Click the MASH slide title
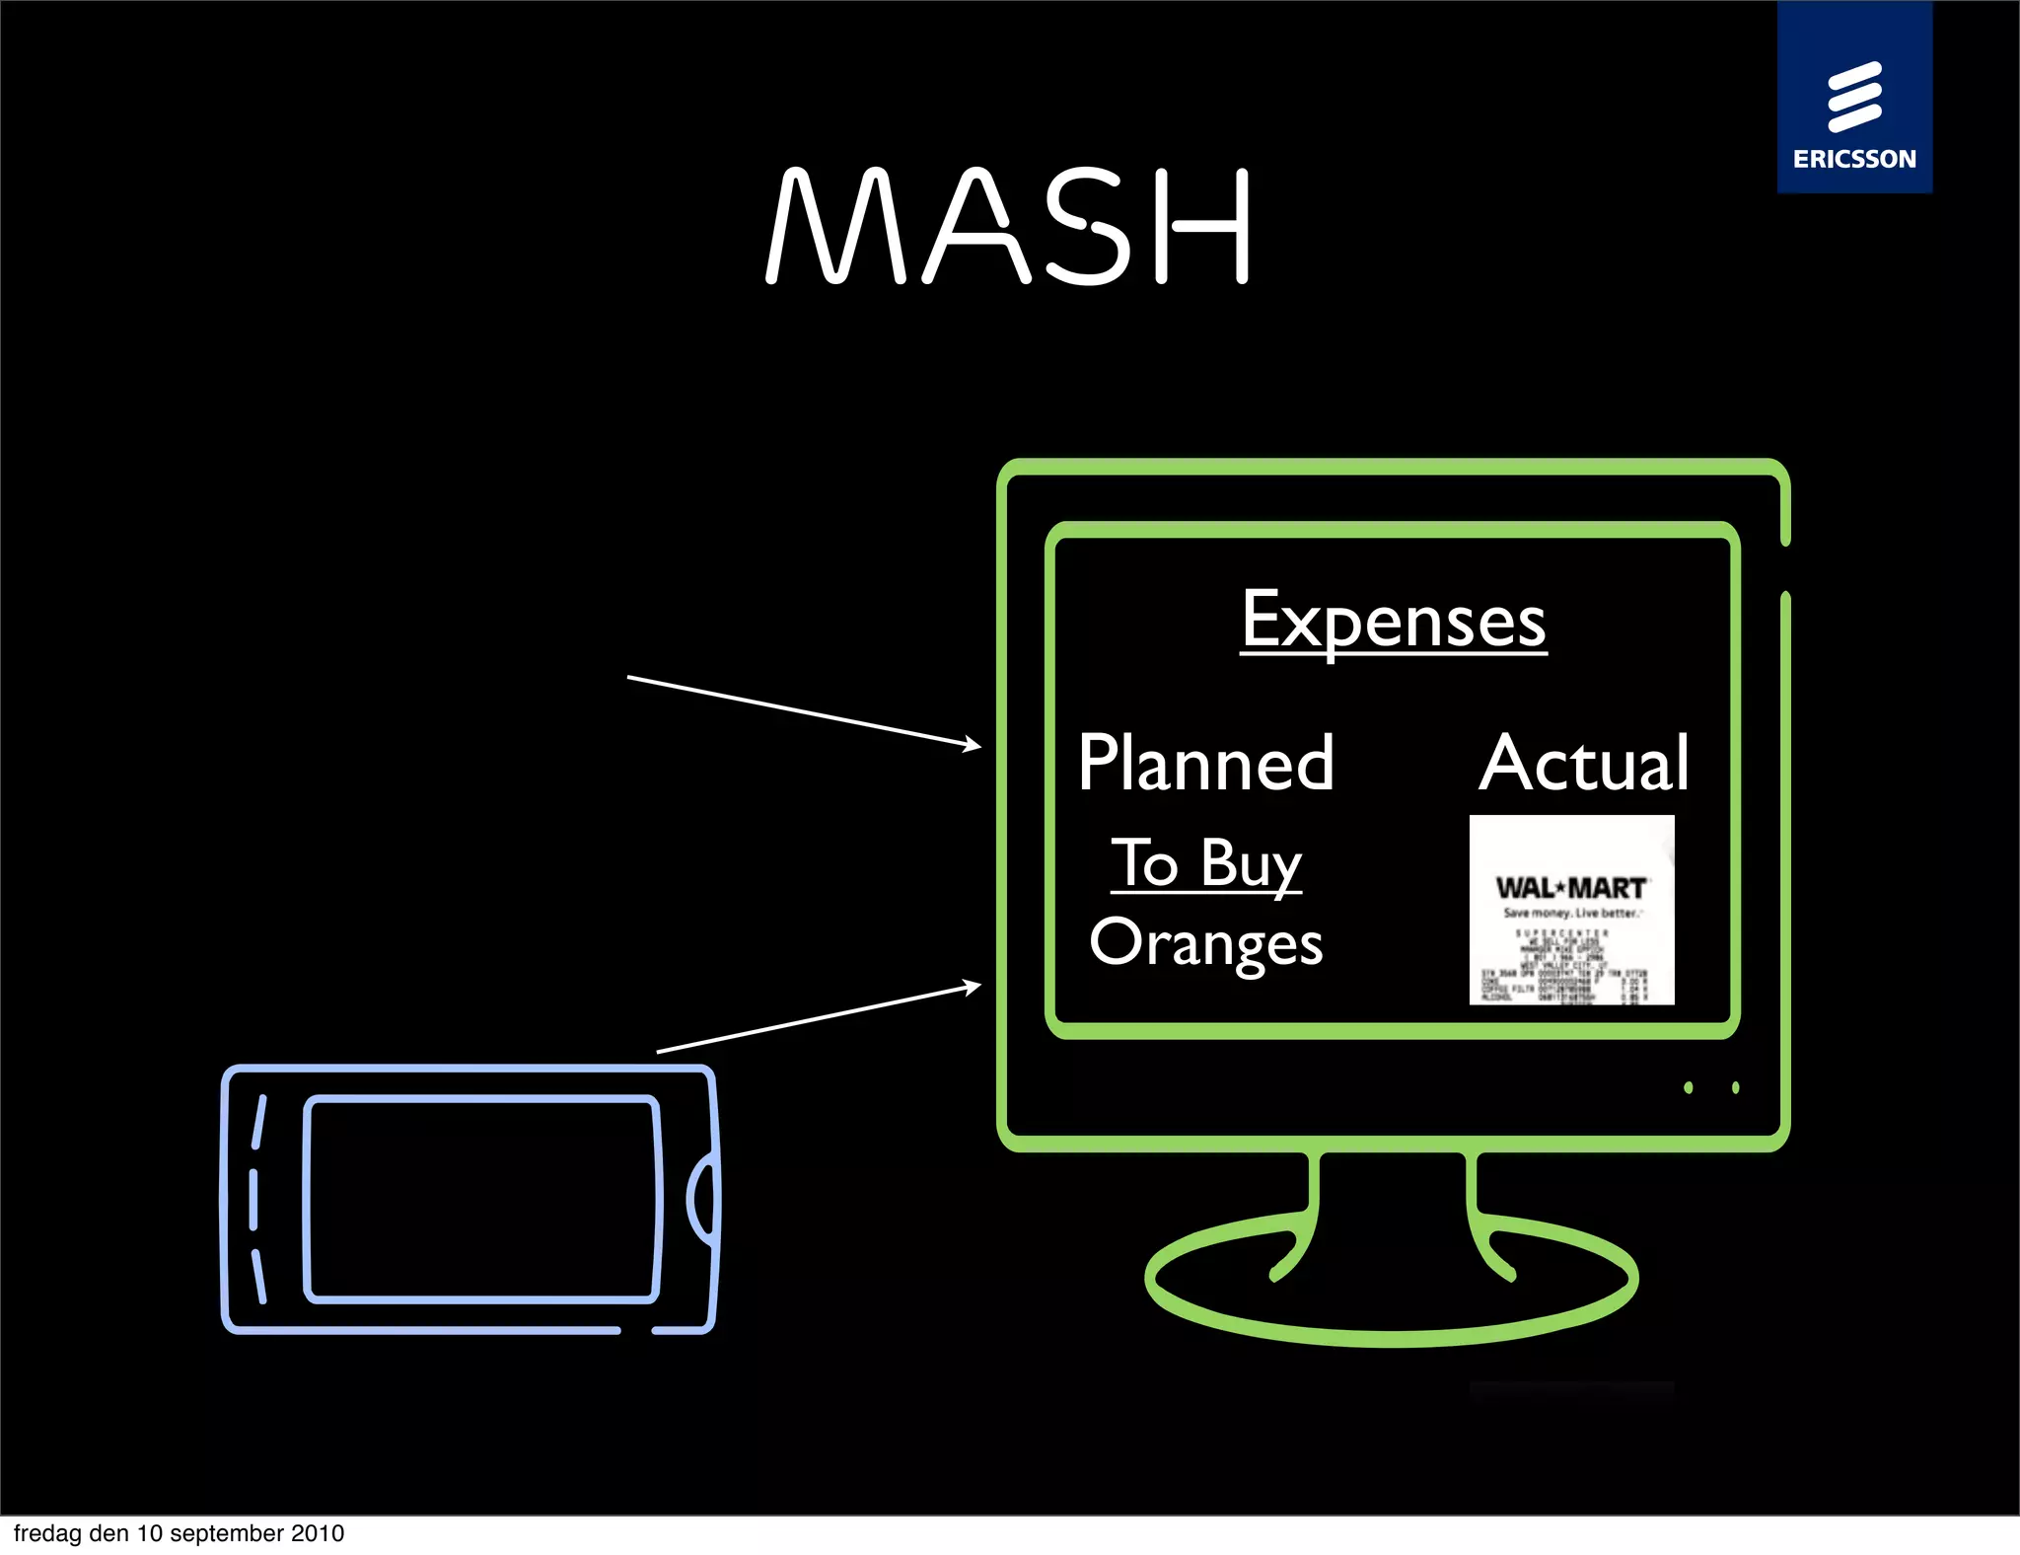click(x=1008, y=226)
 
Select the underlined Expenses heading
click(x=1393, y=621)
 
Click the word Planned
click(x=1205, y=763)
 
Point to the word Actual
click(x=1584, y=763)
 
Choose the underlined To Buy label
click(x=1206, y=863)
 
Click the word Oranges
click(x=1205, y=943)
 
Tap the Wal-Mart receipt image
click(x=1571, y=910)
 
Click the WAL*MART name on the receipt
click(x=1570, y=888)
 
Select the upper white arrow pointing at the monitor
click(x=804, y=711)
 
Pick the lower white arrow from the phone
click(x=819, y=1018)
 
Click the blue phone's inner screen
click(x=481, y=1199)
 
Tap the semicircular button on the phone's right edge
click(x=702, y=1200)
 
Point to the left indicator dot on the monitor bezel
click(x=1689, y=1087)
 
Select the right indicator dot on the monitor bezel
click(x=1736, y=1087)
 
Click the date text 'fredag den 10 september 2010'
click(x=179, y=1533)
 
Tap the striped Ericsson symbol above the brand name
click(x=1854, y=97)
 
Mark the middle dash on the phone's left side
click(x=253, y=1199)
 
